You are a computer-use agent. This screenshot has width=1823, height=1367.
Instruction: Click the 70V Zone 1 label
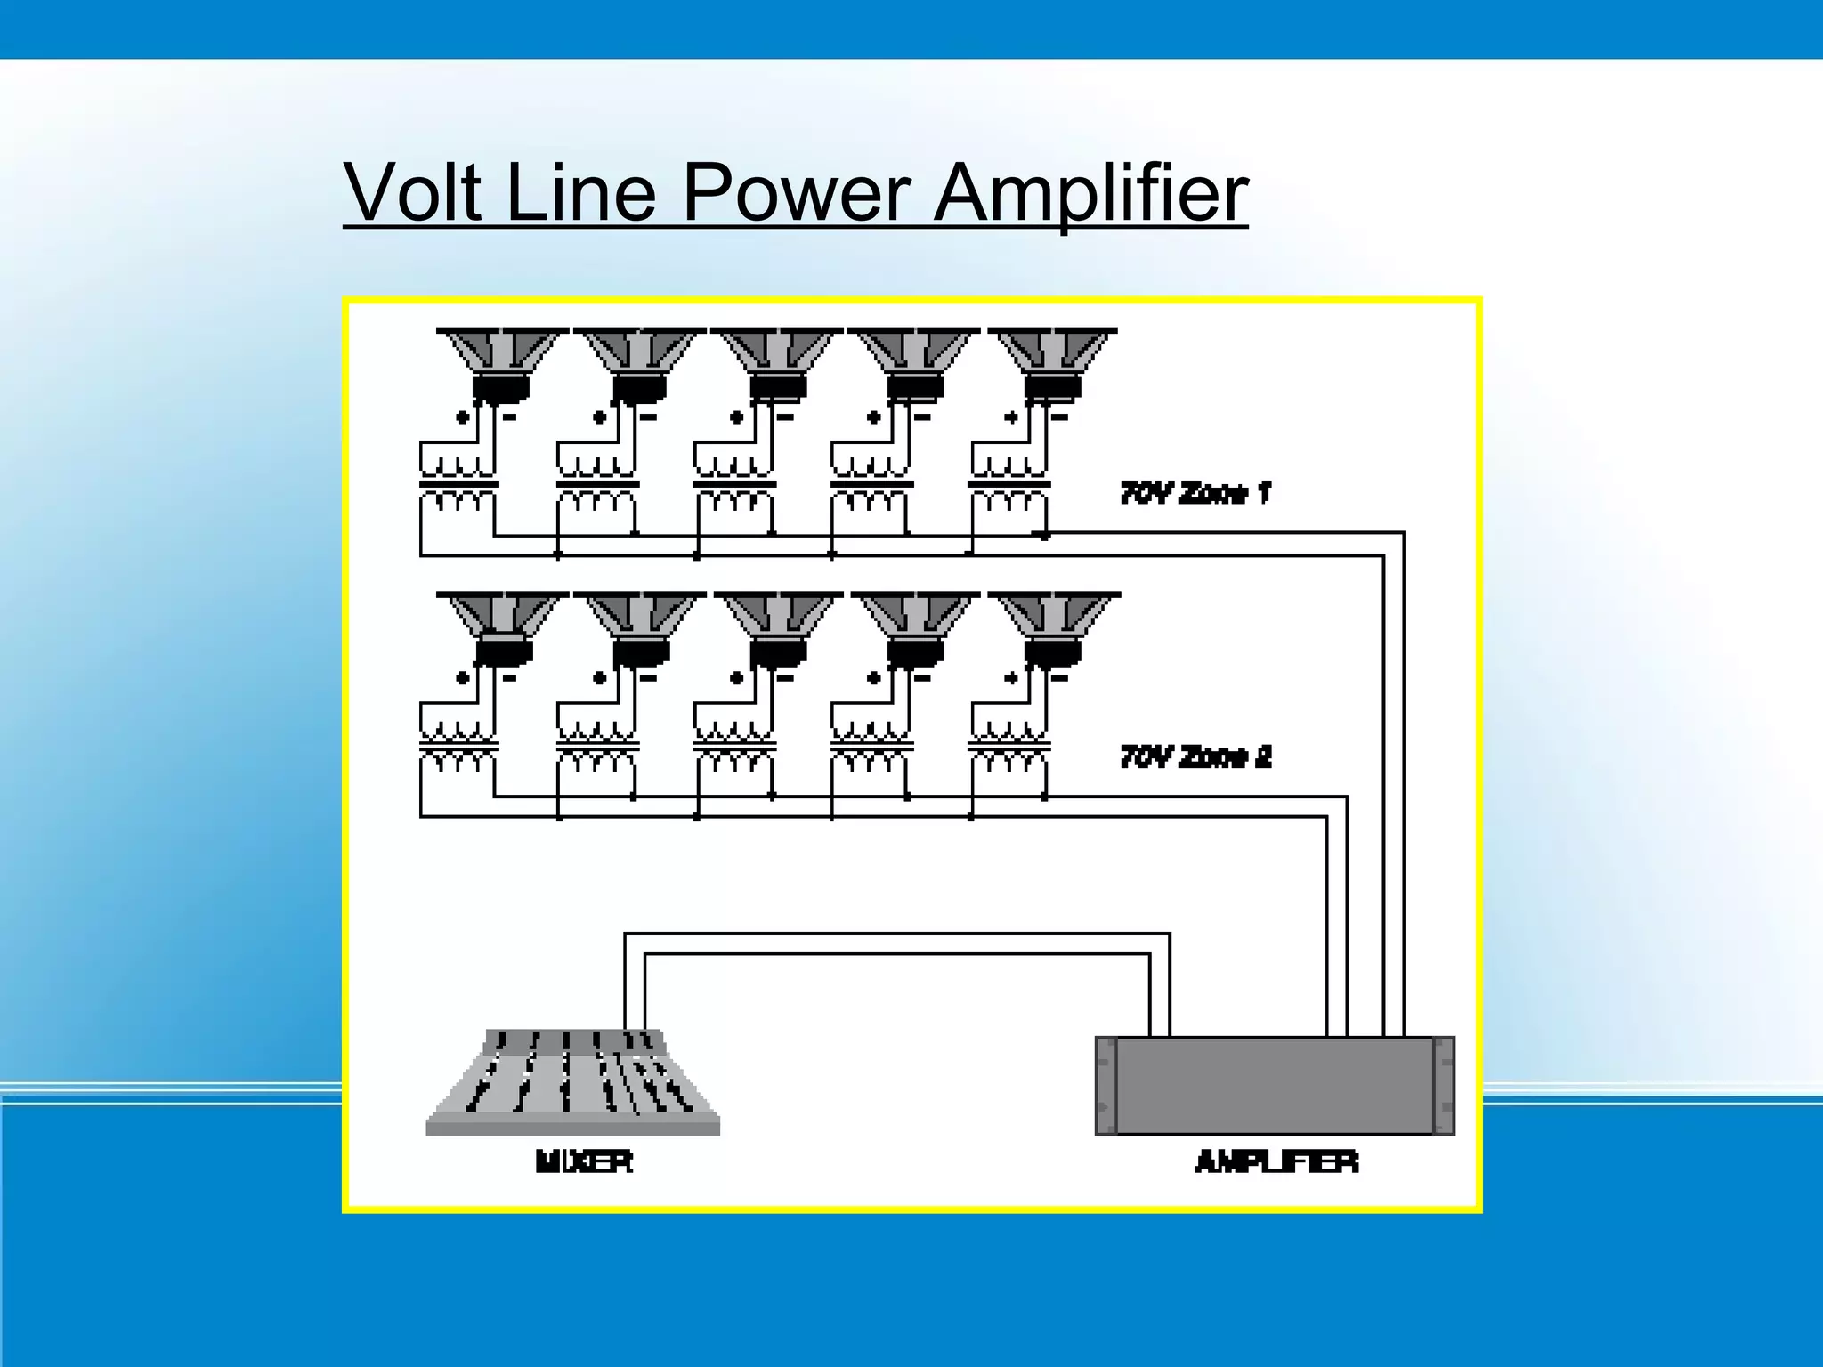click(x=1195, y=492)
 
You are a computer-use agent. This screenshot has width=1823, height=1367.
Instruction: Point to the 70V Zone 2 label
click(x=1195, y=756)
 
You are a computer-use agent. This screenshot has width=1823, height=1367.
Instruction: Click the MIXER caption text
click(x=584, y=1161)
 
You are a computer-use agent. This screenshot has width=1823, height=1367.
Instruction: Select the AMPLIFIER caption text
click(x=1276, y=1161)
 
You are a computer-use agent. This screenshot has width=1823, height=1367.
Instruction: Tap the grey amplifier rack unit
click(x=1275, y=1085)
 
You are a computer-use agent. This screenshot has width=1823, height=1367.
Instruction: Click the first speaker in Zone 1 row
click(x=501, y=363)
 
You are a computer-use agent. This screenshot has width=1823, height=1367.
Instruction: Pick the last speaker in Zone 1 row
click(x=1052, y=363)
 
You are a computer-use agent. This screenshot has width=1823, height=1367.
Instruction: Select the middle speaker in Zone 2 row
click(x=777, y=627)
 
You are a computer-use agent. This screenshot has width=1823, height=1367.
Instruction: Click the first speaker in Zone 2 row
click(x=503, y=627)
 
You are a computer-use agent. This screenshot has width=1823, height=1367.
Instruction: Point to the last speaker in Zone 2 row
click(x=1053, y=627)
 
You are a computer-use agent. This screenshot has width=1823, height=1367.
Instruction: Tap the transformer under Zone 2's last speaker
click(x=1009, y=748)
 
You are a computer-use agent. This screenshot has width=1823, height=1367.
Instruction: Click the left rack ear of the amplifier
click(x=1106, y=1085)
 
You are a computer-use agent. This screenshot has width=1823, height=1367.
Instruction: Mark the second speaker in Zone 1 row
click(x=639, y=363)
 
